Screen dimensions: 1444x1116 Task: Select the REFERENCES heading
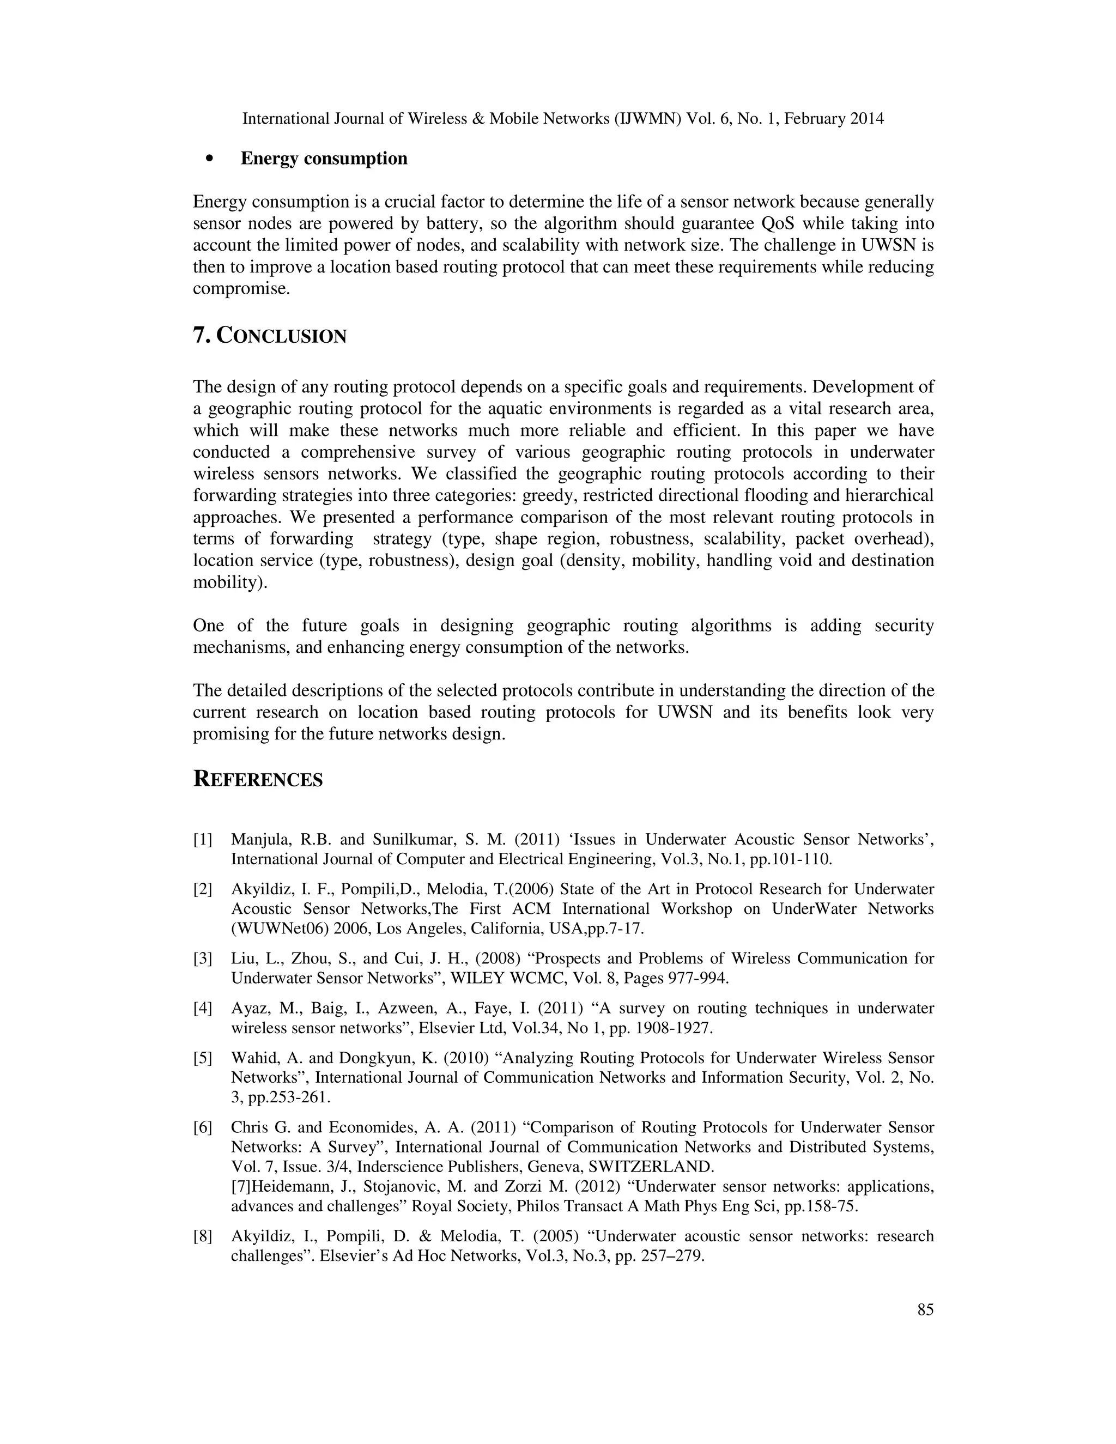click(x=258, y=780)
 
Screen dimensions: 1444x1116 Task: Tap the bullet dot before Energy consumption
click(x=210, y=159)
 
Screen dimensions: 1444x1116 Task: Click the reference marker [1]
click(x=202, y=840)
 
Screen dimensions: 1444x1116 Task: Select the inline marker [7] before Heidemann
click(x=240, y=1186)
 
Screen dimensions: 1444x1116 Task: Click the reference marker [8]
click(x=202, y=1236)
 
